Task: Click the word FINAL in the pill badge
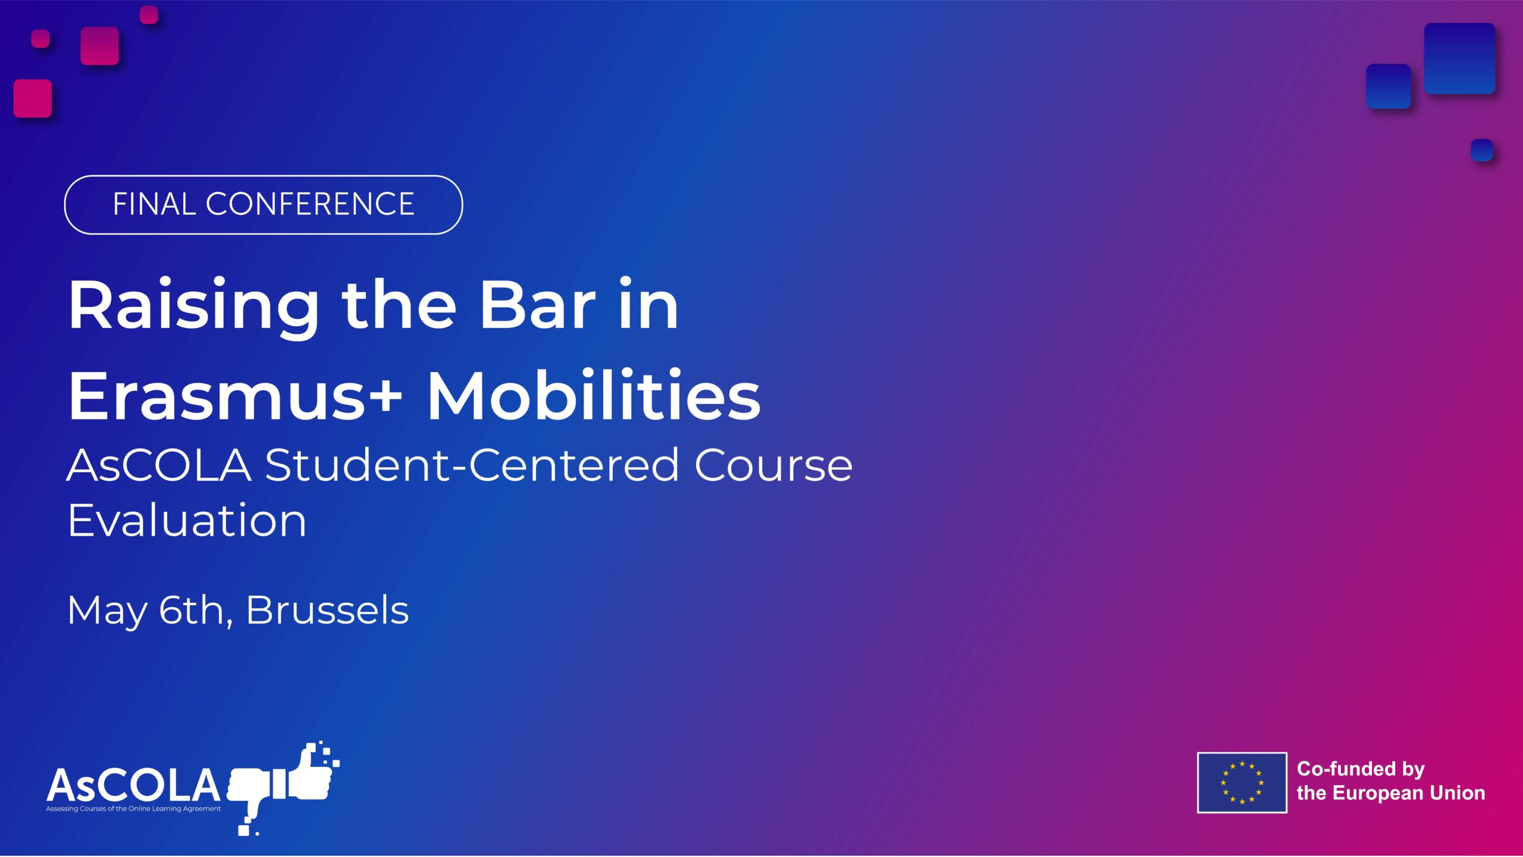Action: tap(154, 204)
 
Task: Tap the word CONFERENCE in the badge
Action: tap(309, 204)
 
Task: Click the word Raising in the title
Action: tap(193, 306)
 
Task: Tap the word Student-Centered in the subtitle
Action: tap(471, 465)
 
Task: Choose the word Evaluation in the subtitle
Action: tap(187, 520)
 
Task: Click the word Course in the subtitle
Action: tap(773, 465)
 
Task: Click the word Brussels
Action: tap(327, 611)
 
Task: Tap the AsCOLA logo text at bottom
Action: tap(134, 784)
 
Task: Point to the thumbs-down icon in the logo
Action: tap(250, 792)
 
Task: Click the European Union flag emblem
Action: tap(1242, 783)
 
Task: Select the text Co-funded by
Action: tap(1361, 769)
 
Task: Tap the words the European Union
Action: tap(1390, 793)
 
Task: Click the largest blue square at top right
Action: tap(1459, 58)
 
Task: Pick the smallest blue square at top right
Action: tap(1481, 150)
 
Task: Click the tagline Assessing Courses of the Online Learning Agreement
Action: tap(133, 809)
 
